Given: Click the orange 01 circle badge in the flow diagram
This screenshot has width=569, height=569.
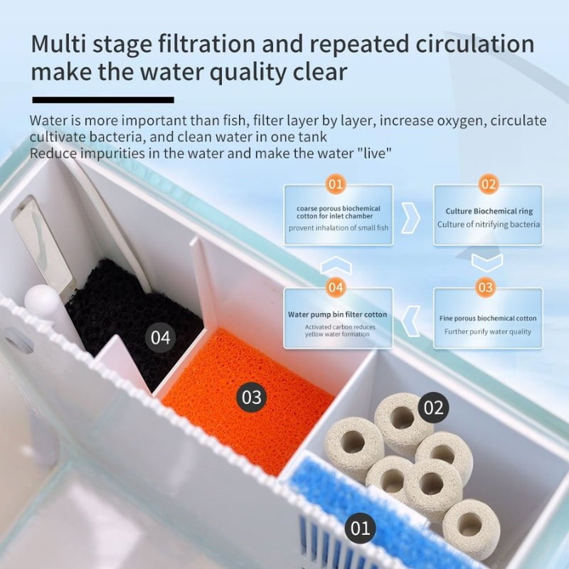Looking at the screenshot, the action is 336,184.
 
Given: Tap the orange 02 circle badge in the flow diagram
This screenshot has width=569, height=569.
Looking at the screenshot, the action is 488,184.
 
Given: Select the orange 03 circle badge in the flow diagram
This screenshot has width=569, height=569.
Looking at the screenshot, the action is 486,287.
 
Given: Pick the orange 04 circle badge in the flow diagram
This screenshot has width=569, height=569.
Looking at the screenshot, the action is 336,287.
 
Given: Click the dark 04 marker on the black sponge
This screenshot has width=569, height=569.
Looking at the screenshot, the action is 161,337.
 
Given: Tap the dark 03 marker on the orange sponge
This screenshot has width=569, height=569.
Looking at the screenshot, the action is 252,397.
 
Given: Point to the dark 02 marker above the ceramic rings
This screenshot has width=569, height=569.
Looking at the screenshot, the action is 433,407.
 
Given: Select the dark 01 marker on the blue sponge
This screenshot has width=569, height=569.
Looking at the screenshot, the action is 360,528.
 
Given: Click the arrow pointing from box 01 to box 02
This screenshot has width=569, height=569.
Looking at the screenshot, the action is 411,218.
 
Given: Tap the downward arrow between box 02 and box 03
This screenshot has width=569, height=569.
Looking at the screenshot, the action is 487,262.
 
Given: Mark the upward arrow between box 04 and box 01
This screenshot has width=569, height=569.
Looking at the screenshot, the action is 336,265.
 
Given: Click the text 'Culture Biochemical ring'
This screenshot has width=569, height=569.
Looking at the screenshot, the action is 489,211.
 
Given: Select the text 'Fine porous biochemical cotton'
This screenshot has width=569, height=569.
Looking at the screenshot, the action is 488,318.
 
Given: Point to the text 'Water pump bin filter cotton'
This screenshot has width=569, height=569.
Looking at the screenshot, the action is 337,314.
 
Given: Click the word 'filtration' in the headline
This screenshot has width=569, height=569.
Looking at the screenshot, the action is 206,43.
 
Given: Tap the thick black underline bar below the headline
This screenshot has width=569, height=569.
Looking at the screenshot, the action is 103,100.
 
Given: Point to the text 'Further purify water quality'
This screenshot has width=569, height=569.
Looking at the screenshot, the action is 488,331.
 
